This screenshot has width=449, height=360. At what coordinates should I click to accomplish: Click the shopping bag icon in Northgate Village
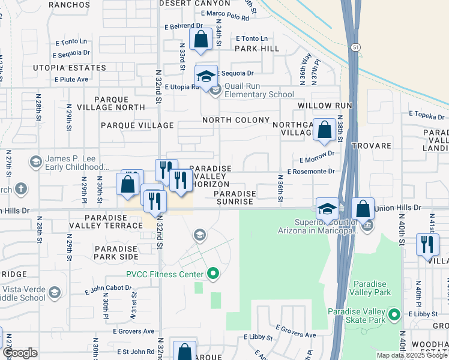tap(324, 130)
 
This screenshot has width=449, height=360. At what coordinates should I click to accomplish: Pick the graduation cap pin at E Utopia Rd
tap(206, 77)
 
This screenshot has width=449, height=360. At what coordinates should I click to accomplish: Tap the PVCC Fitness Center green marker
tap(212, 275)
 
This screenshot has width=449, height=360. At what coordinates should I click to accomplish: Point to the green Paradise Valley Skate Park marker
tap(394, 314)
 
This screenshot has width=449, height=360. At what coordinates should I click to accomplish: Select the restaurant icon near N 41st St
tap(427, 244)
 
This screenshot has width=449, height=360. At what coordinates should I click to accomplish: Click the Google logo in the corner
tap(20, 353)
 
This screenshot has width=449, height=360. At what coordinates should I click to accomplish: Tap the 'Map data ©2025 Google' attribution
tap(412, 355)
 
